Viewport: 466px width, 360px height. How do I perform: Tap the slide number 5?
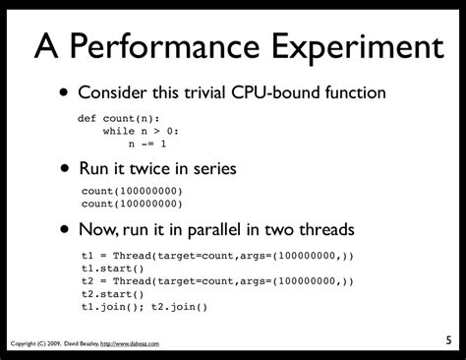click(446, 340)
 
